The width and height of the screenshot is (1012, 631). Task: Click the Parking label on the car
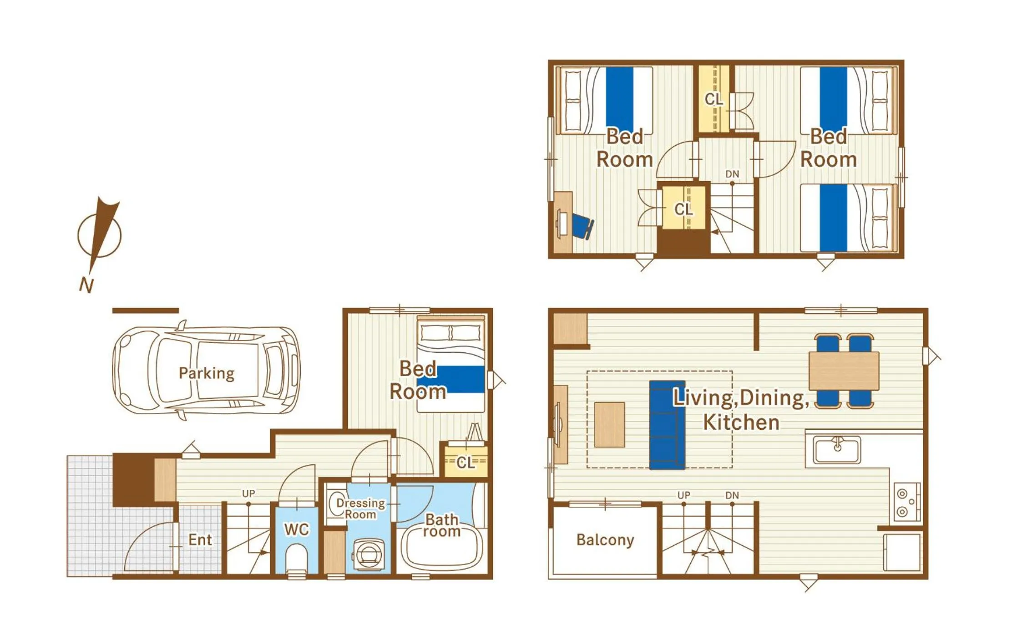(x=206, y=373)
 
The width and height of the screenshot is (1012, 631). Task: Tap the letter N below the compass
(x=86, y=285)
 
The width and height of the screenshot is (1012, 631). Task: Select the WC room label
(x=297, y=529)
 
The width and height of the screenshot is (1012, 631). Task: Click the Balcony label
(x=605, y=540)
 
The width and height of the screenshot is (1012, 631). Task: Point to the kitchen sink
(x=837, y=450)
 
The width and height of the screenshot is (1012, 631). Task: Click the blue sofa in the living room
(x=667, y=425)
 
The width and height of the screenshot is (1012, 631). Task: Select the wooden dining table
(x=844, y=371)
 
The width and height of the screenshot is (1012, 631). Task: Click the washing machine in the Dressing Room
(x=369, y=554)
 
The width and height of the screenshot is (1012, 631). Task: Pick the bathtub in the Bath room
(x=441, y=549)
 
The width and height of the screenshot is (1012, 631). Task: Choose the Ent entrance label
(x=200, y=540)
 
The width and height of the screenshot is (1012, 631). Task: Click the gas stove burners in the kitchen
(x=906, y=502)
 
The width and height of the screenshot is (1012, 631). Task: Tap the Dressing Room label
(x=360, y=509)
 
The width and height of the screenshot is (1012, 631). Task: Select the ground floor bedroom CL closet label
(x=465, y=463)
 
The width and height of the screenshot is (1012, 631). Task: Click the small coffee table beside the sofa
(x=609, y=424)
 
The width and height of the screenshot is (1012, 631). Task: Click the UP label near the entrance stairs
(x=248, y=494)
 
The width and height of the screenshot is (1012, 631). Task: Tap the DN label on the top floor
(x=732, y=174)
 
